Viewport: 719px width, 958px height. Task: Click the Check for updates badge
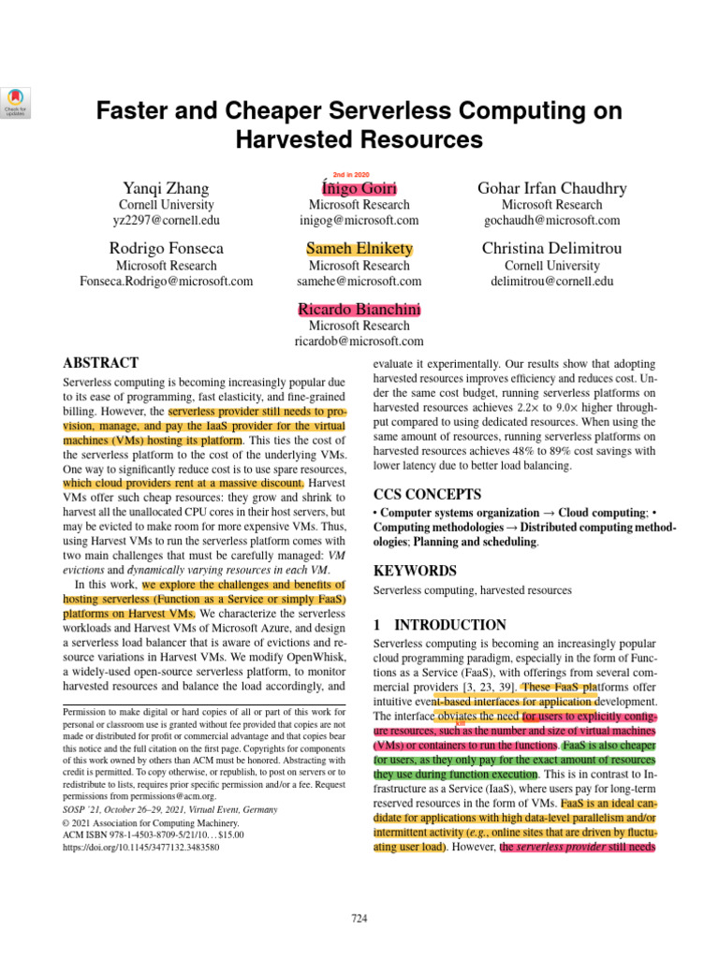tap(19, 102)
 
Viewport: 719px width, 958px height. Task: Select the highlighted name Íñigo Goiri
tap(359, 188)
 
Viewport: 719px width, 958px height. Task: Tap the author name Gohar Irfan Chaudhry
tap(552, 188)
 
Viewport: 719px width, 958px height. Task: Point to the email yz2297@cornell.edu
tap(166, 221)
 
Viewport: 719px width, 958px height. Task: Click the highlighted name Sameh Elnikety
tap(359, 249)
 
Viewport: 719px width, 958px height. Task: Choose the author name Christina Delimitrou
tap(552, 249)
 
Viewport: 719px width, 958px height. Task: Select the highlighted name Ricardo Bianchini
tap(359, 310)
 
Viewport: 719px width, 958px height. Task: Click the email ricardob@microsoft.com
tap(359, 341)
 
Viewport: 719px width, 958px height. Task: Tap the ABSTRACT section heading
tap(100, 363)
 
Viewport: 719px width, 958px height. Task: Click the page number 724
tap(359, 919)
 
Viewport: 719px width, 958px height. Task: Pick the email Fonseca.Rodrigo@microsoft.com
tap(166, 281)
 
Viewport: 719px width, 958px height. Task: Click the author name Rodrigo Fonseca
tap(166, 249)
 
